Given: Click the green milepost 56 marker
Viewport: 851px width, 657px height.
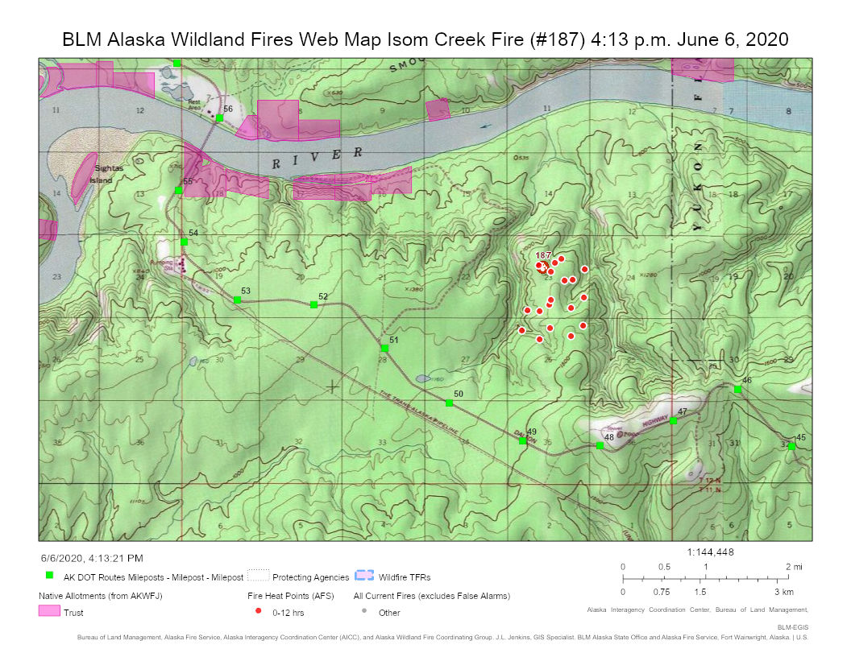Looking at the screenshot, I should point(219,118).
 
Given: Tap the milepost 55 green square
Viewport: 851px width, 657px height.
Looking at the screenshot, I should point(178,190).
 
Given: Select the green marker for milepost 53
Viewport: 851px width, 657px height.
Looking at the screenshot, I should point(237,300).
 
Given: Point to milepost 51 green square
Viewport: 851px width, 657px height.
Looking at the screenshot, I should point(385,349).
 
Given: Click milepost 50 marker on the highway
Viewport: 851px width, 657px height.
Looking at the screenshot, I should point(450,403).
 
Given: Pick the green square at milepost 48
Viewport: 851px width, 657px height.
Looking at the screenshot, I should point(600,445).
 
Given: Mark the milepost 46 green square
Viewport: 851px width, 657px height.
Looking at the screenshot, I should point(737,389).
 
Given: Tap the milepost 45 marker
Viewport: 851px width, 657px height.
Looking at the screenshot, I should point(791,446).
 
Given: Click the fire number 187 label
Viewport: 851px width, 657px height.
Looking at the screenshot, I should point(543,255).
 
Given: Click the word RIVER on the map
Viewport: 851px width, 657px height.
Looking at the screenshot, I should point(318,158).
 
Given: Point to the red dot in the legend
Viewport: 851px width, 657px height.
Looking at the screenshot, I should point(258,612).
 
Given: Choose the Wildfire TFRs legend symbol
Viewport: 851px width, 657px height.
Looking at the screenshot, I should point(364,576).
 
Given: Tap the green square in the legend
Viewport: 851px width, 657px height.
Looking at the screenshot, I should point(49,576).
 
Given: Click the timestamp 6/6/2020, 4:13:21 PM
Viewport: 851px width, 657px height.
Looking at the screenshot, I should point(92,557).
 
